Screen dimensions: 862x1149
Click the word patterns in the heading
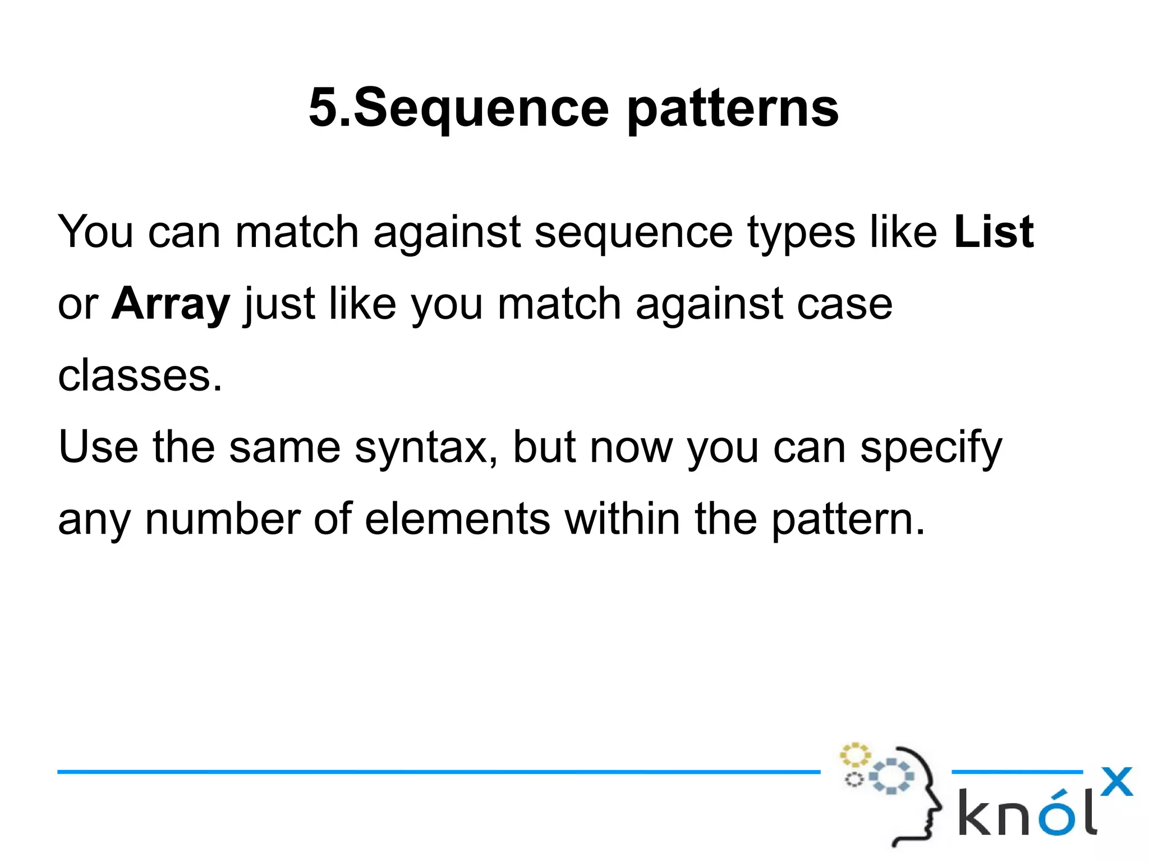(732, 109)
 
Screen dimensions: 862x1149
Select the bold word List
(993, 231)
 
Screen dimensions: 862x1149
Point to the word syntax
(425, 448)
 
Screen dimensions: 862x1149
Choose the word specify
(931, 448)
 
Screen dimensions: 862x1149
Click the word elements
(457, 519)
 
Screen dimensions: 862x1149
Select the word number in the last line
(223, 519)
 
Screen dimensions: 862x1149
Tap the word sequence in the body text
(633, 232)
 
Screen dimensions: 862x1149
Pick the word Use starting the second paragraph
(98, 447)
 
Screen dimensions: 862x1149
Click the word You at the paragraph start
(95, 231)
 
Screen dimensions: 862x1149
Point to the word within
(622, 519)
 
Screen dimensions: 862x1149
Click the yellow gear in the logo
(854, 755)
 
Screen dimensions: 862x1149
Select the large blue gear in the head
(891, 776)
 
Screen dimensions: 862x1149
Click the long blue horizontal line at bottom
(438, 772)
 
